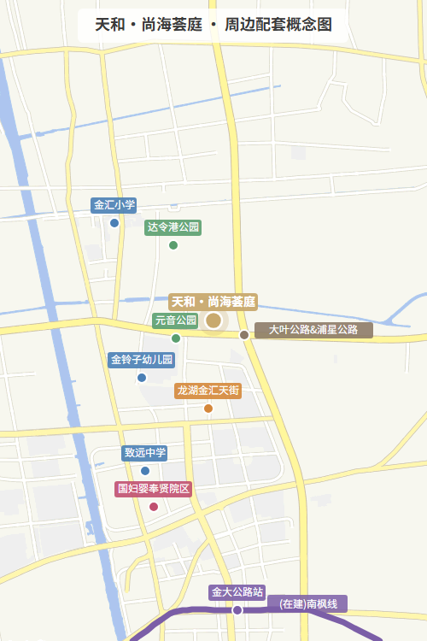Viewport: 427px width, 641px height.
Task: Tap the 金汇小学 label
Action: point(114,205)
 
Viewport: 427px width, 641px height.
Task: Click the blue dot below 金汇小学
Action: point(114,223)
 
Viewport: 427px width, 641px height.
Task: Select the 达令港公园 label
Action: point(173,227)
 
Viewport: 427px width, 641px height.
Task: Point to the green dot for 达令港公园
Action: point(173,245)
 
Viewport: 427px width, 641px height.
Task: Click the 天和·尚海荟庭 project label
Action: point(213,302)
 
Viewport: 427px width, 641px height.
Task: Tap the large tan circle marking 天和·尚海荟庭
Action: point(213,320)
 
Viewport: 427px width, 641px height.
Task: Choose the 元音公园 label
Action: point(176,320)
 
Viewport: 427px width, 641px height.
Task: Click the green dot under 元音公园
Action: point(176,338)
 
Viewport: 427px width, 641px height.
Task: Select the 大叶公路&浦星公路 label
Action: point(313,330)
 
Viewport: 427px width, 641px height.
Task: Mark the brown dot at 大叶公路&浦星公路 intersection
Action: point(244,334)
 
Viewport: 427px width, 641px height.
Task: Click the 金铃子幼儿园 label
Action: point(142,360)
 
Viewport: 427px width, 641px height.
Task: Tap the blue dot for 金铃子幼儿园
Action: point(142,377)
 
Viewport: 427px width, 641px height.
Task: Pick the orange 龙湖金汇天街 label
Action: point(208,391)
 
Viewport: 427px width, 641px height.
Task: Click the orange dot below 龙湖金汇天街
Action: point(208,408)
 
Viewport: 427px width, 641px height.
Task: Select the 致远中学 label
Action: point(145,453)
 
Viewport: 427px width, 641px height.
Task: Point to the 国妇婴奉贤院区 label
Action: point(154,489)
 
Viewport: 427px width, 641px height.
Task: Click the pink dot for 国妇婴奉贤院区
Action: point(154,507)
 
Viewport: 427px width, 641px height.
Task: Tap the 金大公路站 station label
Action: point(237,591)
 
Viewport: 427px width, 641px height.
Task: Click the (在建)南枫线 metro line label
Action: point(309,603)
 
